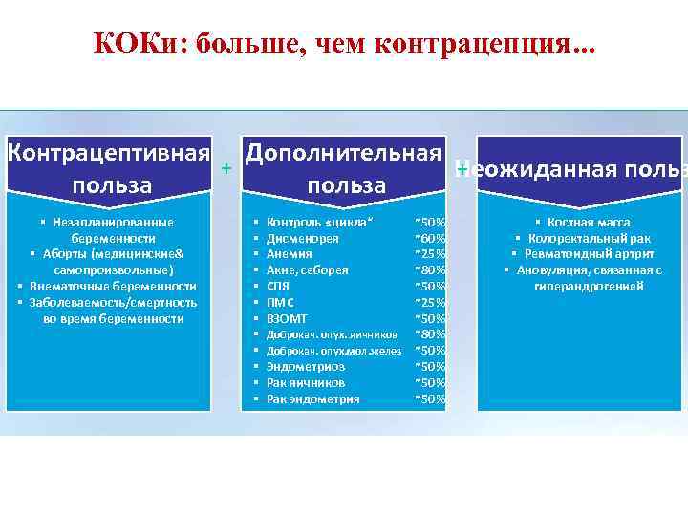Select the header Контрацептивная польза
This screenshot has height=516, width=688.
(x=108, y=168)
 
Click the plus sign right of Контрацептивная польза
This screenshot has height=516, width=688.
(x=226, y=168)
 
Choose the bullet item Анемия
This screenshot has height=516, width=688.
(x=289, y=254)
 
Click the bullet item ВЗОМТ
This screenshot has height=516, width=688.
(x=287, y=318)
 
